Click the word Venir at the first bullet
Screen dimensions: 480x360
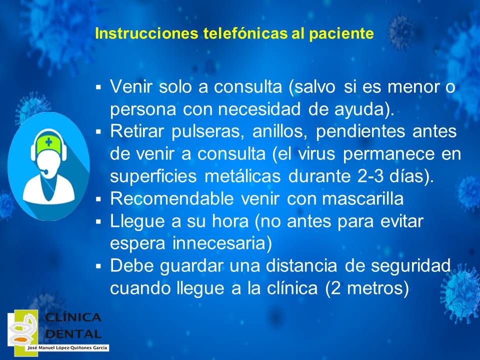pos(131,86)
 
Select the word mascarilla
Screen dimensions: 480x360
pos(363,198)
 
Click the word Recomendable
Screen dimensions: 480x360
pos(172,198)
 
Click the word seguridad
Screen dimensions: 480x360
pos(411,265)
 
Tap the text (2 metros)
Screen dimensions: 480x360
pos(366,288)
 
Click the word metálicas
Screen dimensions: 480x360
pos(242,176)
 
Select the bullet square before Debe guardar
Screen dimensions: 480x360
pos(98,265)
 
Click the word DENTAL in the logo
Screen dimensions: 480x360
pos(73,333)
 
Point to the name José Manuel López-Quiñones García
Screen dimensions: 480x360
pos(67,348)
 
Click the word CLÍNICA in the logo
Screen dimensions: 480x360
pos(73,317)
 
